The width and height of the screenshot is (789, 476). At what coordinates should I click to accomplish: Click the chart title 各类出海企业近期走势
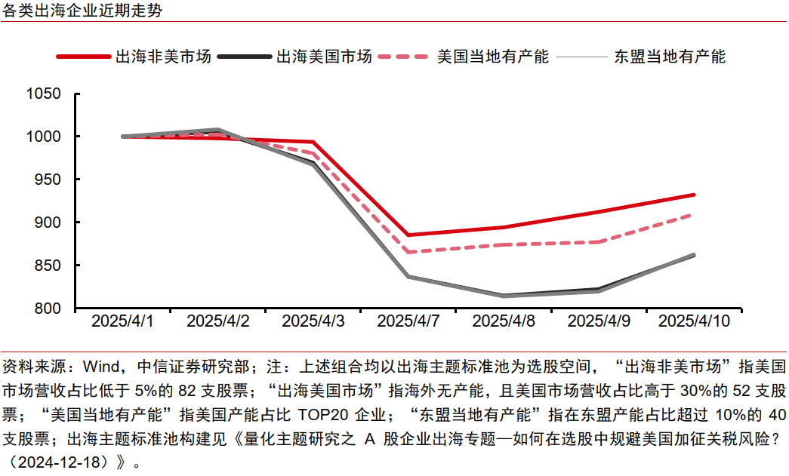81,11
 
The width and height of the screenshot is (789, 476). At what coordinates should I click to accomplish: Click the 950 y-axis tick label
47,180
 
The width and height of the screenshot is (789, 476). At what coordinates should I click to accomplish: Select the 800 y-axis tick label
47,309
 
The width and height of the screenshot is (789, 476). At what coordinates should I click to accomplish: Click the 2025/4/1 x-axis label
122,321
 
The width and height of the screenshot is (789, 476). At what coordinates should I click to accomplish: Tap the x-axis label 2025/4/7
408,321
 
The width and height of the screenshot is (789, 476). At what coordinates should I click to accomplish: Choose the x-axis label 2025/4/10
694,321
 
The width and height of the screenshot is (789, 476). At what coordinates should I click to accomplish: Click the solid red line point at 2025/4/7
408,235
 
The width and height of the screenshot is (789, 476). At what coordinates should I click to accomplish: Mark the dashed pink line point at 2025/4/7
408,252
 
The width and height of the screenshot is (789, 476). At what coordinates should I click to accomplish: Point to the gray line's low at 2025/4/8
504,296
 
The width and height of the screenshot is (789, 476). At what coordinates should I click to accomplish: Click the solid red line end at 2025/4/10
694,195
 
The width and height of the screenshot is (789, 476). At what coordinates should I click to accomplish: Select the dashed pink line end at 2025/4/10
694,214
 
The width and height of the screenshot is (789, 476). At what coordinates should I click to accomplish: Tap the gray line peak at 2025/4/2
217,130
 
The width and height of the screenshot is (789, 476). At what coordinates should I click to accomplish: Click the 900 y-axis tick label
47,223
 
